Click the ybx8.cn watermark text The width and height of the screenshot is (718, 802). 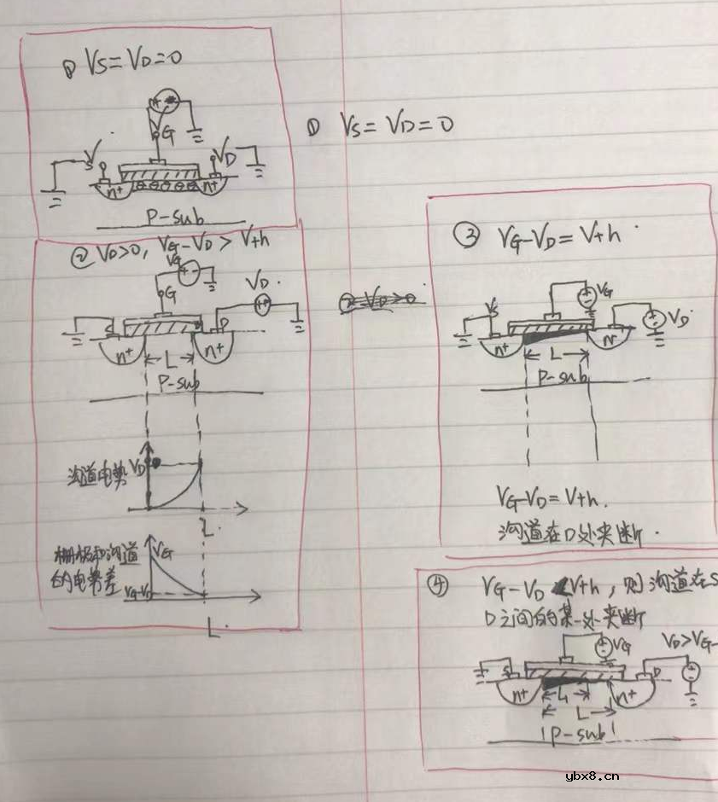coord(592,776)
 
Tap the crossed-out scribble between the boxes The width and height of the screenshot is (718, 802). coord(377,300)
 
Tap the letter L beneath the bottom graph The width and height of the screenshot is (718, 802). coord(213,631)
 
